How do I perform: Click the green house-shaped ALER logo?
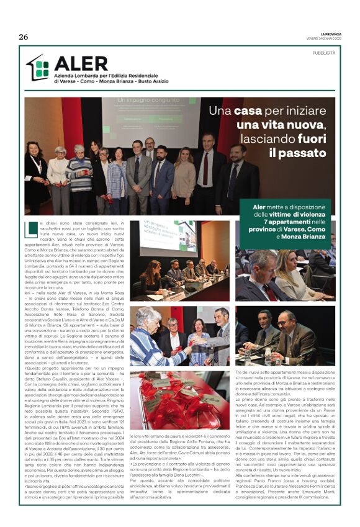pos(37,68)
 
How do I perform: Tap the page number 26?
pos(24,37)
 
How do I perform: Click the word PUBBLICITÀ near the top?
pos(324,53)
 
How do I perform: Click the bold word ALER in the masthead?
pos(81,63)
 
